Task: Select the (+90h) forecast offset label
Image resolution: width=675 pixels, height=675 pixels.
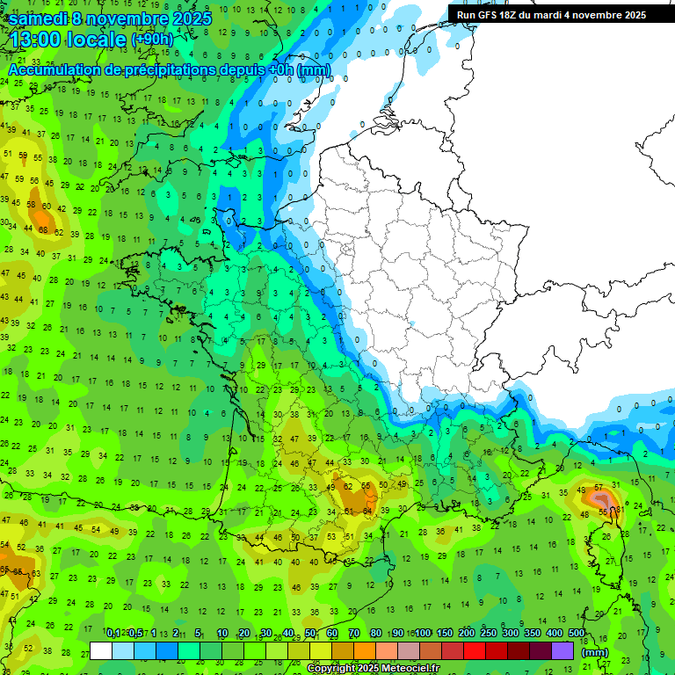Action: (151, 40)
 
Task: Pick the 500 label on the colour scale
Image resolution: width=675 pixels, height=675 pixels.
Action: (577, 634)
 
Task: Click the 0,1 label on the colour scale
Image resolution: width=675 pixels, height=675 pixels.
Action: (113, 634)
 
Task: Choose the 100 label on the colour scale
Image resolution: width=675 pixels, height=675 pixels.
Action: (423, 634)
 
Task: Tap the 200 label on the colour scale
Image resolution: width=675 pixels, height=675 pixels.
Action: (467, 634)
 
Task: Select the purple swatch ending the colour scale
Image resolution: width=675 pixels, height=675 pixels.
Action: (562, 650)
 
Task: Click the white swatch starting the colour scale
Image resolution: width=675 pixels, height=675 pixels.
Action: (101, 650)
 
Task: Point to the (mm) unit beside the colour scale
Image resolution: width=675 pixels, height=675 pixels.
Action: (595, 652)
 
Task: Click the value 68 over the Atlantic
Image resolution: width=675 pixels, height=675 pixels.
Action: (44, 230)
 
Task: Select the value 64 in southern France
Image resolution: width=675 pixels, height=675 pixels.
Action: (368, 511)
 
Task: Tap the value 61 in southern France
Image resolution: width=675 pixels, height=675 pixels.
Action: (349, 511)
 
